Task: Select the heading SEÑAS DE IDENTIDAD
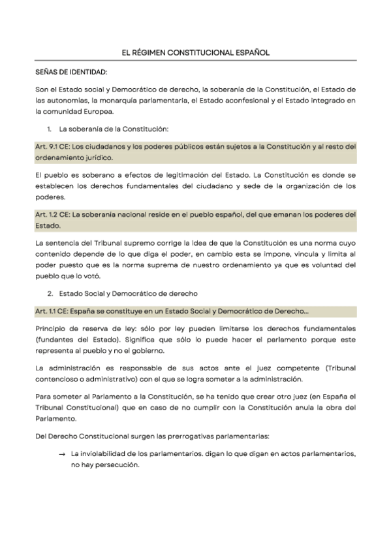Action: [71, 71]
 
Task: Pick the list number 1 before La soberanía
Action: [50, 129]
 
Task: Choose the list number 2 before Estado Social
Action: [50, 293]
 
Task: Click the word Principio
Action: [52, 329]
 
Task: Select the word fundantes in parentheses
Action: [57, 340]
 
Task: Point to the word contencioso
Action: [58, 379]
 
